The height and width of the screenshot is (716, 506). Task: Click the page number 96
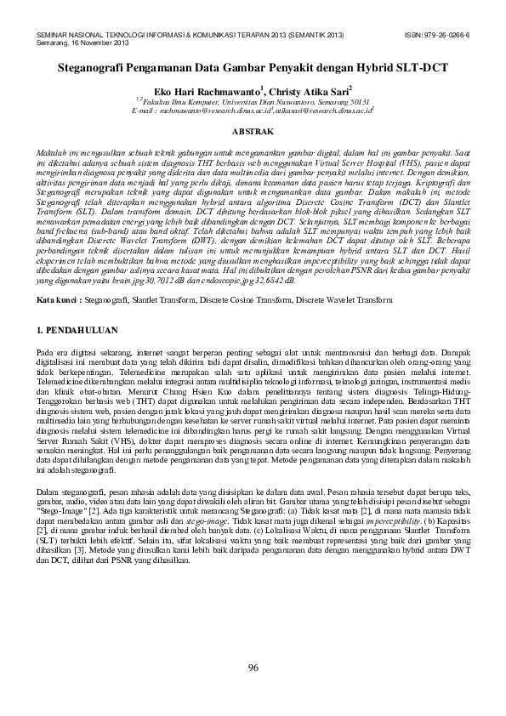tap(253, 667)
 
